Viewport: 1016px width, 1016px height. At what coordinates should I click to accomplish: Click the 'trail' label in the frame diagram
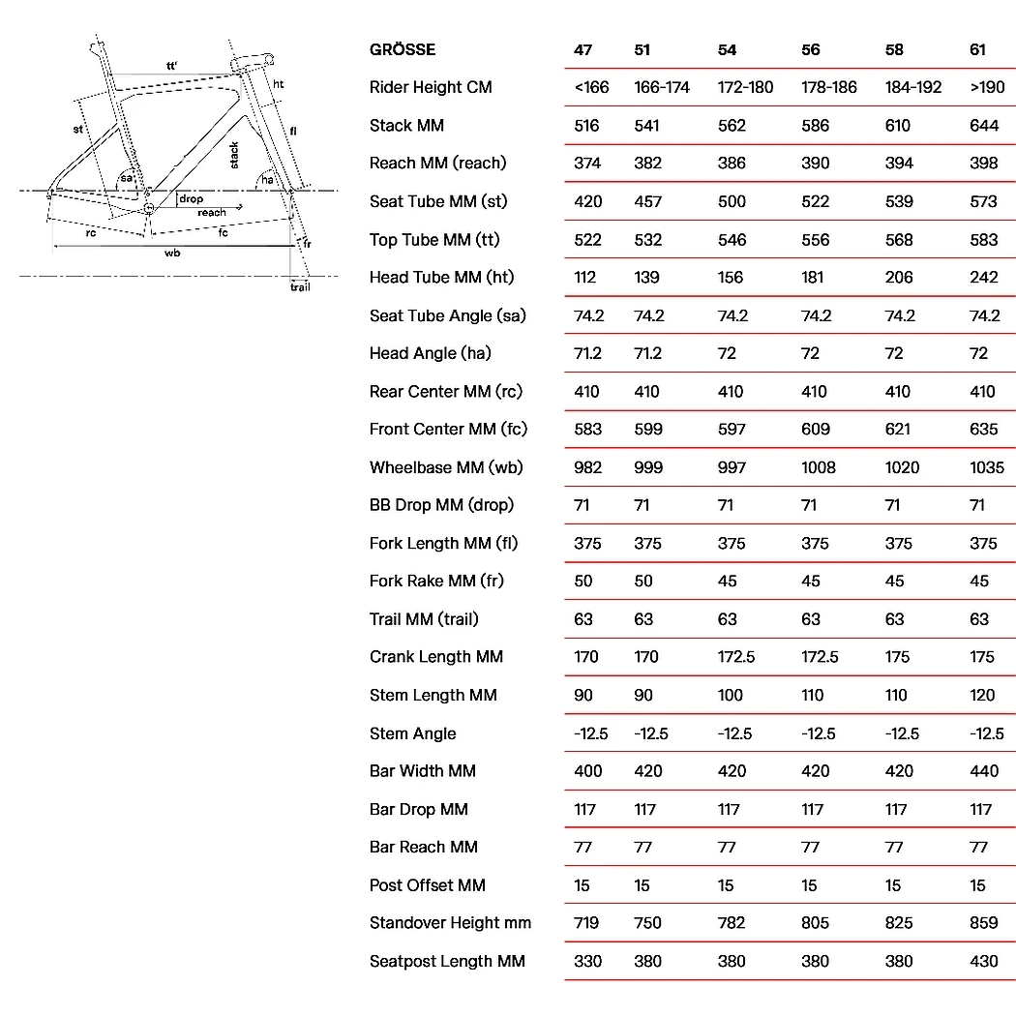[301, 287]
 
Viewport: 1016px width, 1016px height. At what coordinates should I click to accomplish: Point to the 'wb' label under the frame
[172, 253]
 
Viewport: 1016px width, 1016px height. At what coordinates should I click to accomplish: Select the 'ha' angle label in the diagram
[266, 180]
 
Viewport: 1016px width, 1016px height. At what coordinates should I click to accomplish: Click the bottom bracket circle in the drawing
[149, 208]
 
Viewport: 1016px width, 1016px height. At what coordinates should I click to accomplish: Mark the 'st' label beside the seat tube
[78, 129]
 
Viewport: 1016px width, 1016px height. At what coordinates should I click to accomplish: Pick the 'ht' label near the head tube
[278, 85]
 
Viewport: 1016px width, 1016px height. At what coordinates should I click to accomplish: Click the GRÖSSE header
[403, 49]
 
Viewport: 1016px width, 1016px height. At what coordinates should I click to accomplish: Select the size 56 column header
[811, 49]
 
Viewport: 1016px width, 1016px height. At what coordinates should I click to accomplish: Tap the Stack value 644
[984, 126]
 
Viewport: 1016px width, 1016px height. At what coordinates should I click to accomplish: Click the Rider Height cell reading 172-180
[745, 87]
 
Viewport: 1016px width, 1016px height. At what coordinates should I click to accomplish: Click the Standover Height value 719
[587, 923]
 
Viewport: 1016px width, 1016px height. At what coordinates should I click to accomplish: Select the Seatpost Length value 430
[983, 961]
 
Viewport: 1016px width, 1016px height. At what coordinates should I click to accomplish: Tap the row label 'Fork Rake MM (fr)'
[436, 581]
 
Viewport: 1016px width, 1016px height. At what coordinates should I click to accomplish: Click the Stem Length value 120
[983, 695]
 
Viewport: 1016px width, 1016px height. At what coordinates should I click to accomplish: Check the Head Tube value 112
[584, 278]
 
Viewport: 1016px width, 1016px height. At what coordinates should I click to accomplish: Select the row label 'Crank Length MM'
[435, 657]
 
